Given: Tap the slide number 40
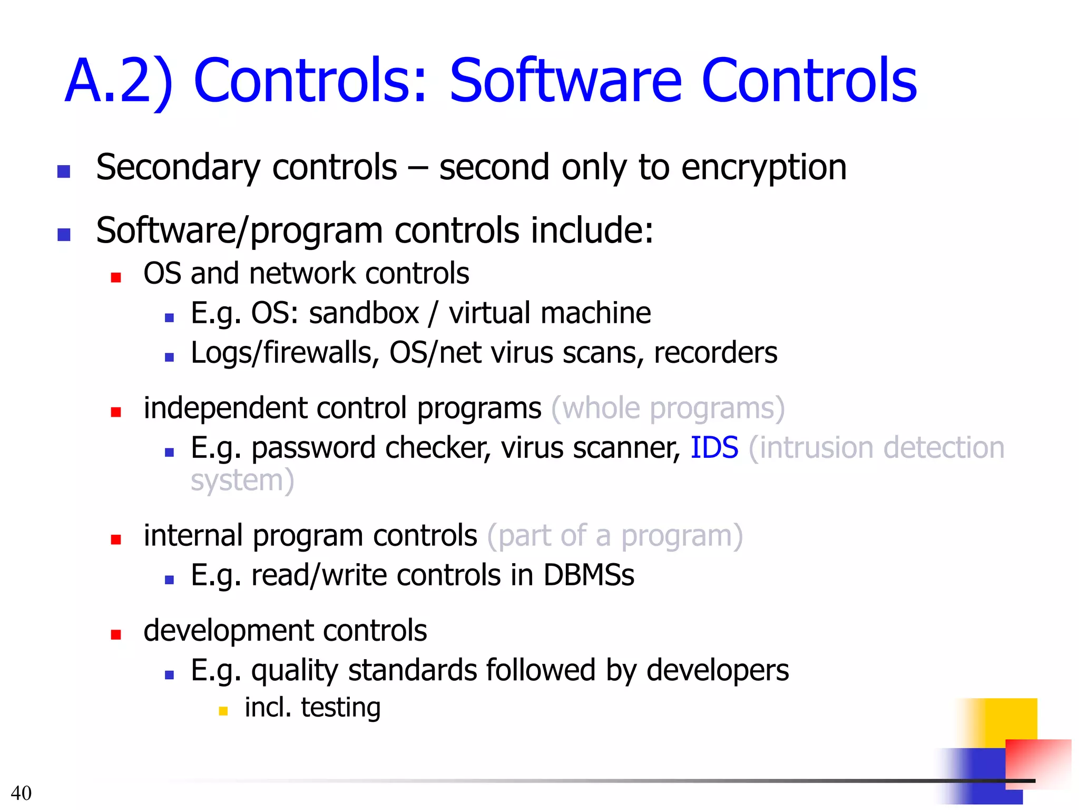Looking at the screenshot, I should click(x=21, y=793).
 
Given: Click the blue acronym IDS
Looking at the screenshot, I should click(x=714, y=448).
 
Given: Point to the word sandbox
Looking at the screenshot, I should click(x=364, y=313).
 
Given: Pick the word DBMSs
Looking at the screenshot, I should click(x=588, y=575).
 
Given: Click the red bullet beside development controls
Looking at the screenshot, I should click(x=116, y=634).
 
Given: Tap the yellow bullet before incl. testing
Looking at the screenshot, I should click(x=223, y=711).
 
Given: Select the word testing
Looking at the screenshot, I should click(x=340, y=708).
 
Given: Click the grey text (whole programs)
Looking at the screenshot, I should click(x=668, y=409).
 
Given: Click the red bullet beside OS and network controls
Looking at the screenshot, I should click(x=116, y=277).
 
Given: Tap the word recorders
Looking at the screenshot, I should click(x=715, y=353).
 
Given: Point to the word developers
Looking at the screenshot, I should click(x=717, y=671).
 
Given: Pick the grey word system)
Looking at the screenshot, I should click(x=242, y=481).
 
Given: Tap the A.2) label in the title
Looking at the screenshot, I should click(x=119, y=82).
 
